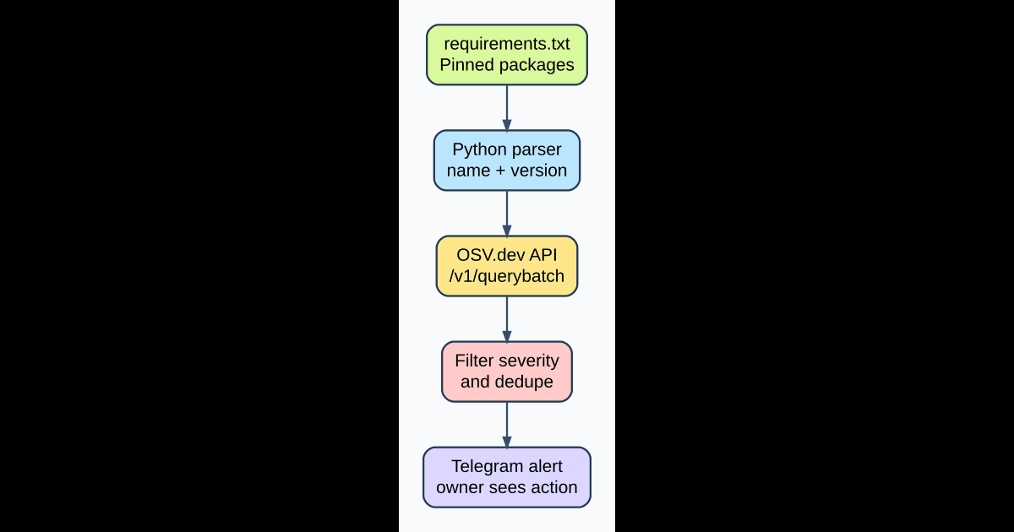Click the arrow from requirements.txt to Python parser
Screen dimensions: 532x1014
click(507, 107)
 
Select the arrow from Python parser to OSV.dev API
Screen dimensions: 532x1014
click(507, 213)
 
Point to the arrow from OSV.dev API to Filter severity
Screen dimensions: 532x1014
click(507, 318)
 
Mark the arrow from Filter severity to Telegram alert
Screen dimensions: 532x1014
click(507, 424)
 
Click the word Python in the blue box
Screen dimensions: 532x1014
click(479, 149)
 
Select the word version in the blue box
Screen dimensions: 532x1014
click(539, 171)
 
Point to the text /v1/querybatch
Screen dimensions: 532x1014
click(507, 276)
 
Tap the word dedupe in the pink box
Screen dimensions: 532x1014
click(525, 382)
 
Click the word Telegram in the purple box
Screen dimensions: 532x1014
click(484, 466)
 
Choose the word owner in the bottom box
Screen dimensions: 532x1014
click(459, 487)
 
